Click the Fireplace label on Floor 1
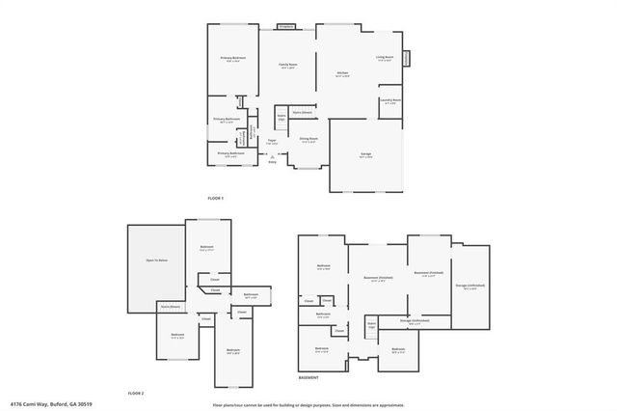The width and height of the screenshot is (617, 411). click(x=285, y=27)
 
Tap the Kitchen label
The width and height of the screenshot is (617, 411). click(x=342, y=72)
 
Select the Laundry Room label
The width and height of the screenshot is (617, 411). click(x=389, y=100)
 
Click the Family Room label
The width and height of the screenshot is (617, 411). click(x=287, y=65)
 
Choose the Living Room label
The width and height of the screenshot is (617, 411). click(x=384, y=57)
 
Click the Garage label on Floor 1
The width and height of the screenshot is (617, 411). click(x=366, y=154)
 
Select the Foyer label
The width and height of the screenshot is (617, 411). click(x=272, y=142)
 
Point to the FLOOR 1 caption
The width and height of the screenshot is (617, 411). click(x=215, y=199)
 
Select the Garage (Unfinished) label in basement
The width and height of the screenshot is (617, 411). click(x=469, y=287)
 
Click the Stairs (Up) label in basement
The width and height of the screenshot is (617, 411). click(x=371, y=325)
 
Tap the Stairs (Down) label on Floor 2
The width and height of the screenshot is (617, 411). click(x=170, y=307)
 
